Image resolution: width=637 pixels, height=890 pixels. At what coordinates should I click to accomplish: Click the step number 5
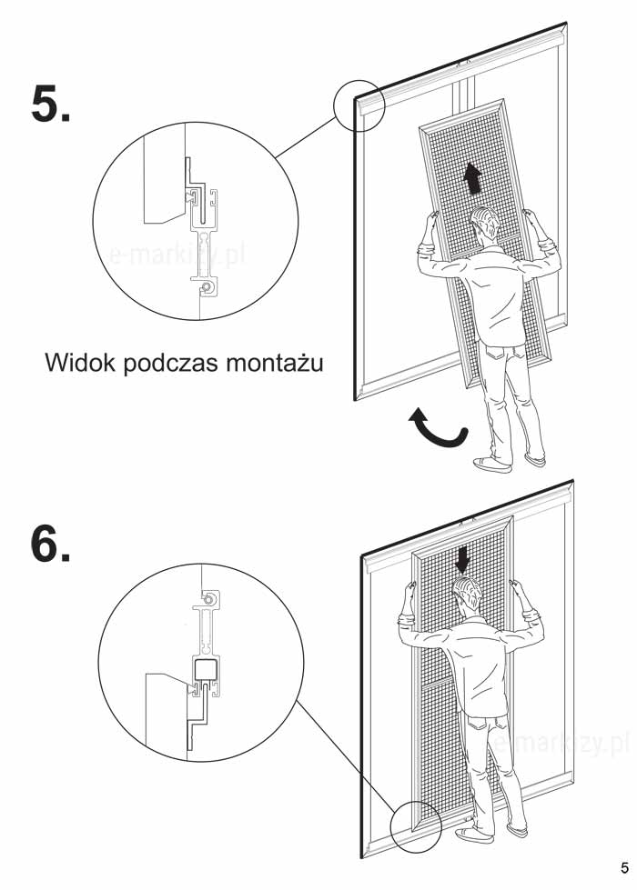tap(51, 104)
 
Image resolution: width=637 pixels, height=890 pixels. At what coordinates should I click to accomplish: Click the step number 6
tap(51, 544)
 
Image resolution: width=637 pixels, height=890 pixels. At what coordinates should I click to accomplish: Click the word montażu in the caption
tap(275, 362)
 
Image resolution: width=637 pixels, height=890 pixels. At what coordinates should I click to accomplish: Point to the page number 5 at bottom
tap(624, 868)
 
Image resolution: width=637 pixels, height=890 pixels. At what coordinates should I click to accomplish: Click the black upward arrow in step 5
tap(471, 178)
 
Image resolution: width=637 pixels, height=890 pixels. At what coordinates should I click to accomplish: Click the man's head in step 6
tap(468, 594)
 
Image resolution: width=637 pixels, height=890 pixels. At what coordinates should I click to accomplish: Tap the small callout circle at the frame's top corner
tap(359, 105)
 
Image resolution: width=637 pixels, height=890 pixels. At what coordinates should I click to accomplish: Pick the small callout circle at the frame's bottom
tap(416, 827)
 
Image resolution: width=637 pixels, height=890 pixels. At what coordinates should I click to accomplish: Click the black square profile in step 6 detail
tap(202, 670)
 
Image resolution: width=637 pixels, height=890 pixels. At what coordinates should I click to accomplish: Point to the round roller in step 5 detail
tap(207, 288)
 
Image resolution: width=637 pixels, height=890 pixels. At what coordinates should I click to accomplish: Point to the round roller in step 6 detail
tap(209, 599)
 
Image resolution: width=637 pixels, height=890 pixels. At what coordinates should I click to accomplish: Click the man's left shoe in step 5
tap(492, 465)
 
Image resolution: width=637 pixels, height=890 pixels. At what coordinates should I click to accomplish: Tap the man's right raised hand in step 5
tap(531, 219)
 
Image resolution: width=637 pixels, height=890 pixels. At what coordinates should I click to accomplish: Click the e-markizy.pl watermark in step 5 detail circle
tap(177, 255)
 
